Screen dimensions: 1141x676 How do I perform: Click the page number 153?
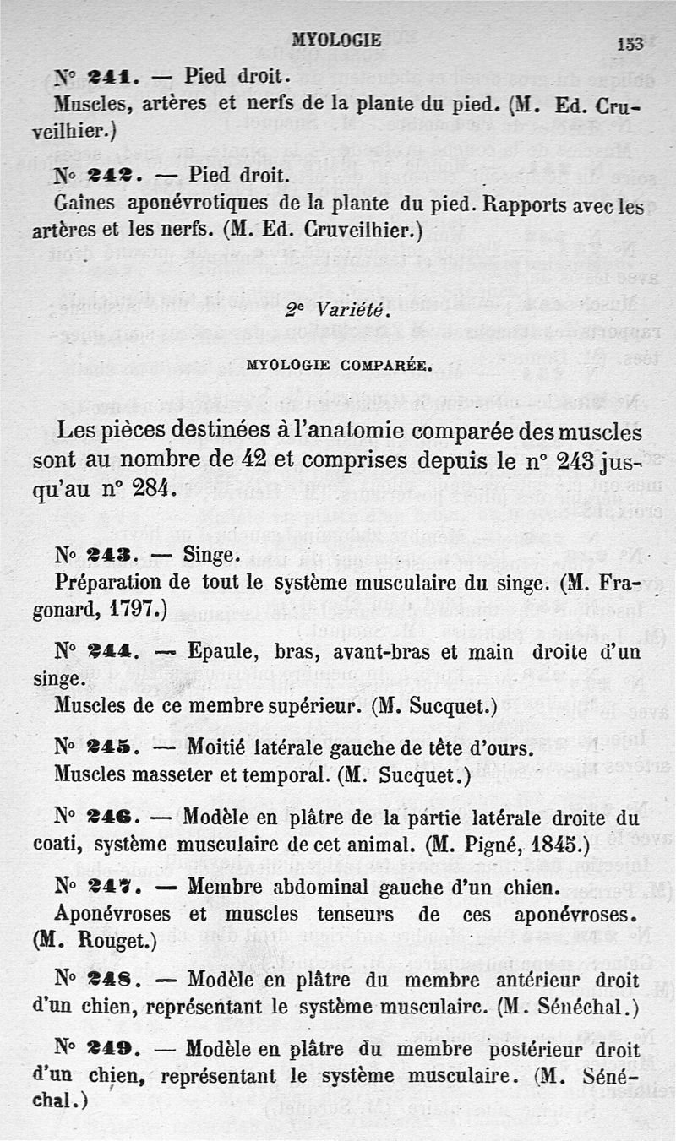pyautogui.click(x=630, y=44)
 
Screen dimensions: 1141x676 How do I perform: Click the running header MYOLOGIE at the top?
pyautogui.click(x=336, y=40)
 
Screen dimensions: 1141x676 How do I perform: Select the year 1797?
pyautogui.click(x=134, y=610)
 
